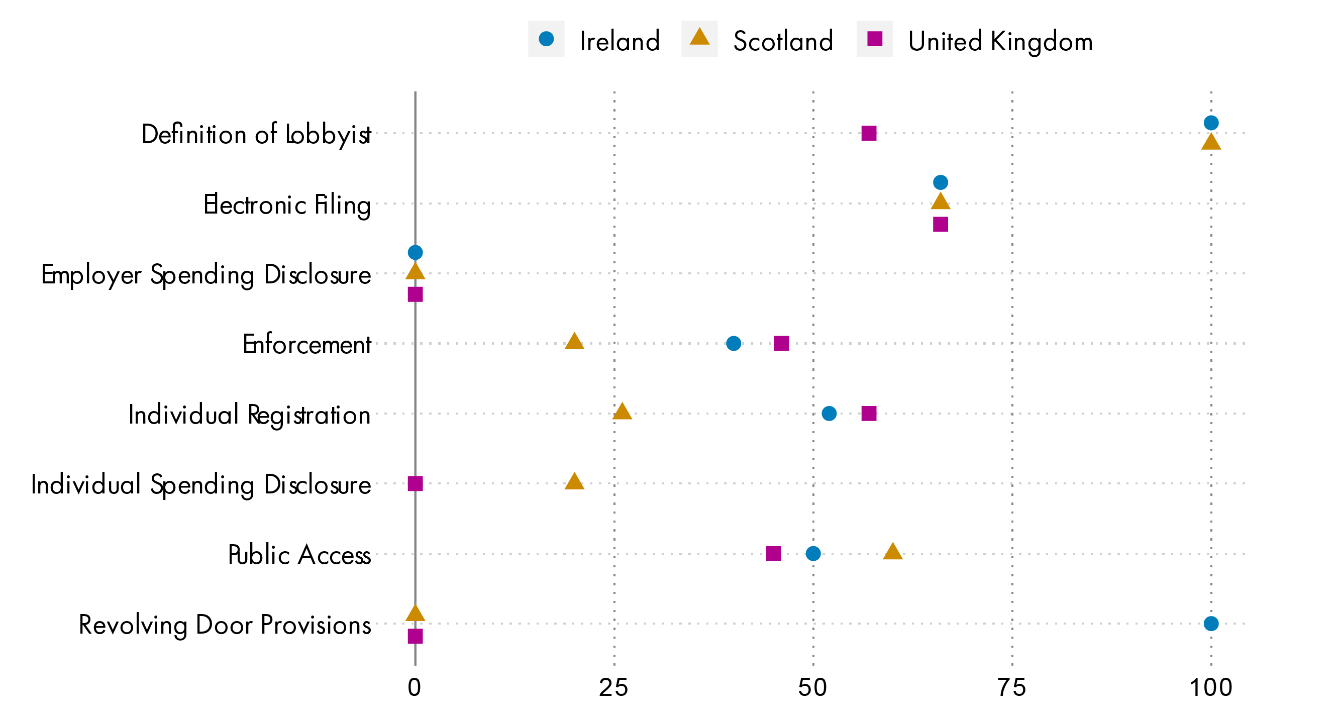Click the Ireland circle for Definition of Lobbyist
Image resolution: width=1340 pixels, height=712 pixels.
1210,123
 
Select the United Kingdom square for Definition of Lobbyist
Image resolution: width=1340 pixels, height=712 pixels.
869,133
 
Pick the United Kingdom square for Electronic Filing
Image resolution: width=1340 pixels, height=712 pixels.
940,224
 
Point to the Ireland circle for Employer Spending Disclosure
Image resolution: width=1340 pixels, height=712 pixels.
415,252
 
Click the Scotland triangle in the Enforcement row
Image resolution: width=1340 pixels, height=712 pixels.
574,342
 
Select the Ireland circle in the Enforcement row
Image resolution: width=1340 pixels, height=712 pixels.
734,343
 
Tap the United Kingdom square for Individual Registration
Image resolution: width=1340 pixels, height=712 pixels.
869,414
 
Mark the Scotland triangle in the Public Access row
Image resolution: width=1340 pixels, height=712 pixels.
893,552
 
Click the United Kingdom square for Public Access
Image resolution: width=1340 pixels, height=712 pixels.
774,553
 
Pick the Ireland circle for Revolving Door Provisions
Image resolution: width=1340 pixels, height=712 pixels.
1210,623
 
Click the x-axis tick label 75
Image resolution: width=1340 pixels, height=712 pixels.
1012,687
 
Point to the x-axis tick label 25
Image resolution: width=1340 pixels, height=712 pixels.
614,687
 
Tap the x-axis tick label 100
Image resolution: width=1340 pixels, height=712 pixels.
1210,687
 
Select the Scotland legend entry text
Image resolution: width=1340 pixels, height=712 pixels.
783,41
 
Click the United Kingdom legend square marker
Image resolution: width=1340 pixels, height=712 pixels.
874,39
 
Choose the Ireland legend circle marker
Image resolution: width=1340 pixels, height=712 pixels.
546,39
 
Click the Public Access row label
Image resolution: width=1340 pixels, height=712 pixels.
299,554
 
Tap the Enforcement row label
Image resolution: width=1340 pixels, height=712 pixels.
307,344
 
